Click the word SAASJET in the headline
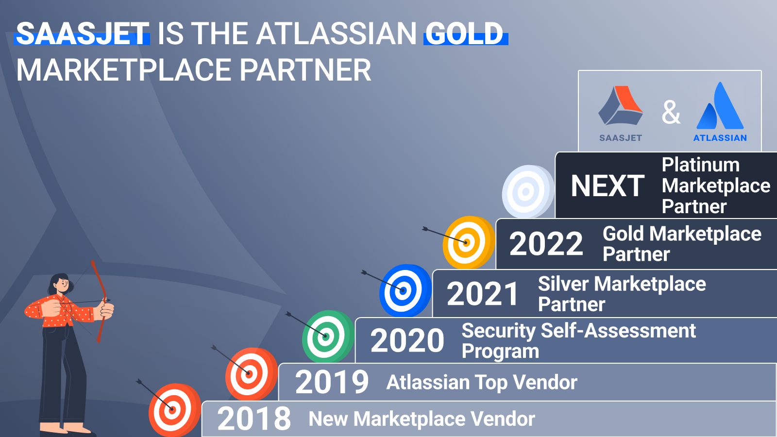83,34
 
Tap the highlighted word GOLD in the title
464,34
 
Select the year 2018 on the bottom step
254,419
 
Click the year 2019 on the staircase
332,382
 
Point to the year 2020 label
407,340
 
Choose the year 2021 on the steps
483,294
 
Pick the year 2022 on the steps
546,244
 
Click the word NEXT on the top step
608,186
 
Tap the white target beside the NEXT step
528,191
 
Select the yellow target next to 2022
469,242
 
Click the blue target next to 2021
405,290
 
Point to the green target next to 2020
328,336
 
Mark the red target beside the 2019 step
251,374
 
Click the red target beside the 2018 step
174,410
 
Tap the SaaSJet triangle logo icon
621,105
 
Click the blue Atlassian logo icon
720,106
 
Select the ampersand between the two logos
671,112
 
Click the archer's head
60,284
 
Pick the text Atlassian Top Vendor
481,383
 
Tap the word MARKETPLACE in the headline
124,70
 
